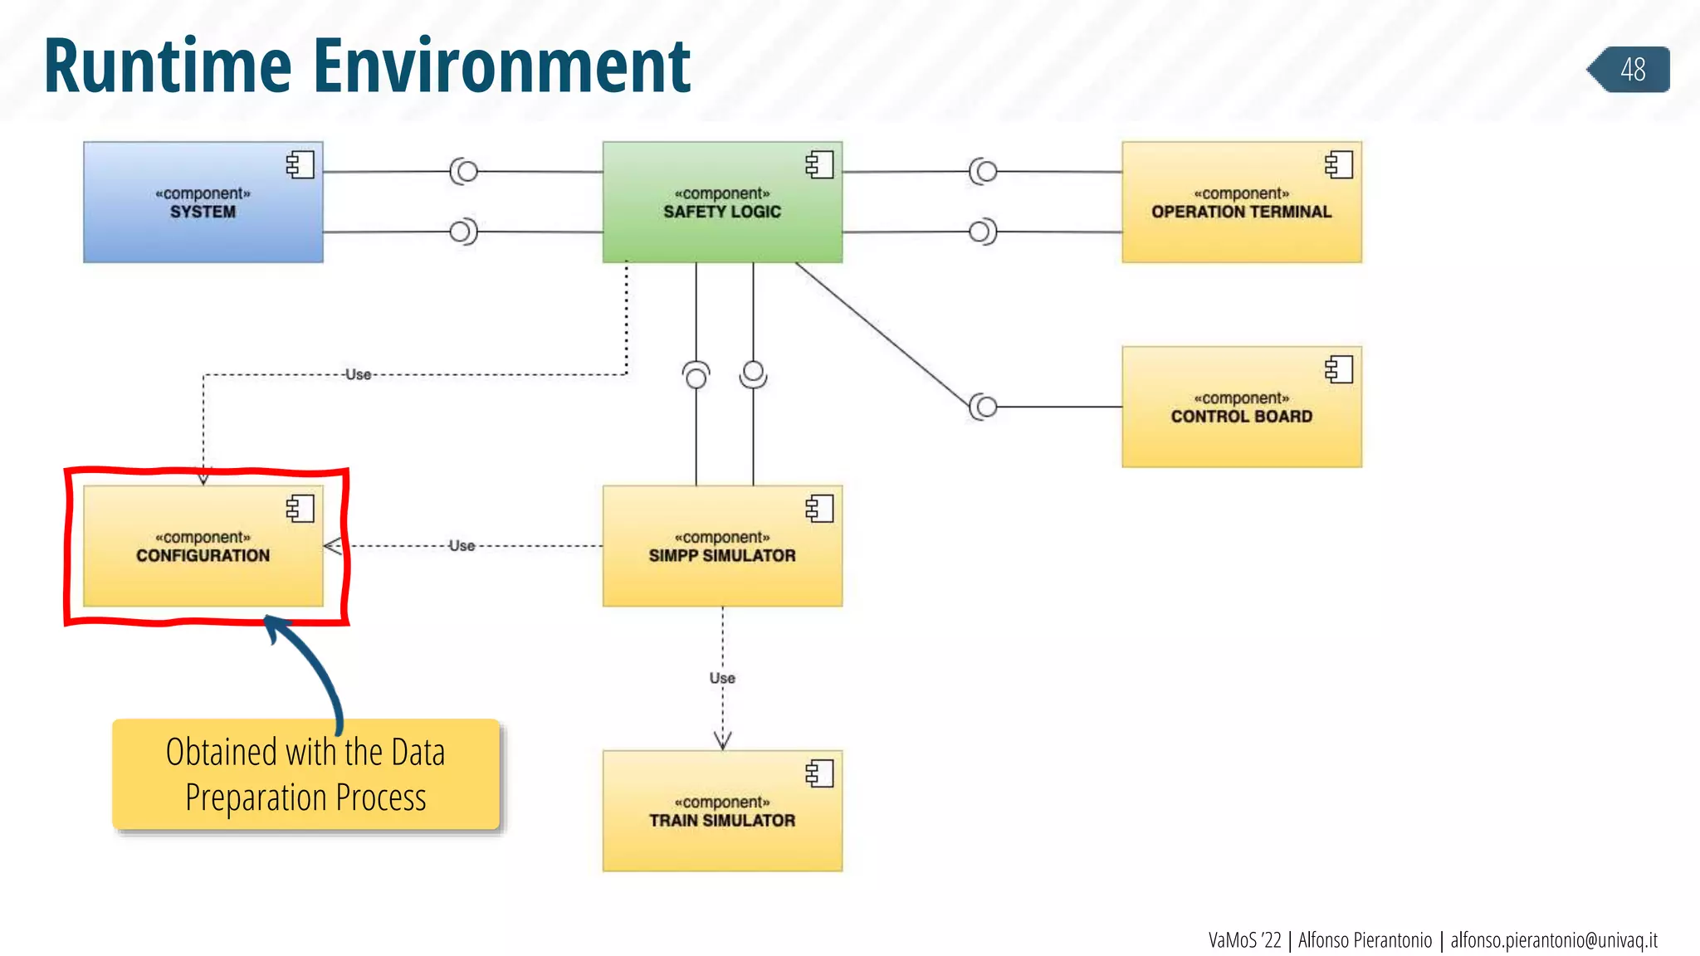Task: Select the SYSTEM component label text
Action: point(203,212)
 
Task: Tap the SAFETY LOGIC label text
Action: point(721,212)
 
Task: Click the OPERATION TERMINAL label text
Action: point(1241,212)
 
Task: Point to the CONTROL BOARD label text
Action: point(1241,417)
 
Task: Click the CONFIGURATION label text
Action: point(203,555)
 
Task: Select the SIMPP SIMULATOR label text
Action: point(721,555)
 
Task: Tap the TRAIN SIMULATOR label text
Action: point(721,820)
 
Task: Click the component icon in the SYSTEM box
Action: point(300,164)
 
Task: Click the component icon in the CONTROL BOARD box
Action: point(1339,369)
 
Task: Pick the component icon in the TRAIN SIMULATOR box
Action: point(819,773)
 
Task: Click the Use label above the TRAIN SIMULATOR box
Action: point(722,678)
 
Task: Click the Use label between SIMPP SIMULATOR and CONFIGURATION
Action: point(462,545)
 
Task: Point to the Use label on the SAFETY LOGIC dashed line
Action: point(358,374)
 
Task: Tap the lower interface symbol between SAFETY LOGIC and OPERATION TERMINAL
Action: point(982,232)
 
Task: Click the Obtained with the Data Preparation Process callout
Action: point(305,774)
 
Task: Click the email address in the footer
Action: point(1553,940)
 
